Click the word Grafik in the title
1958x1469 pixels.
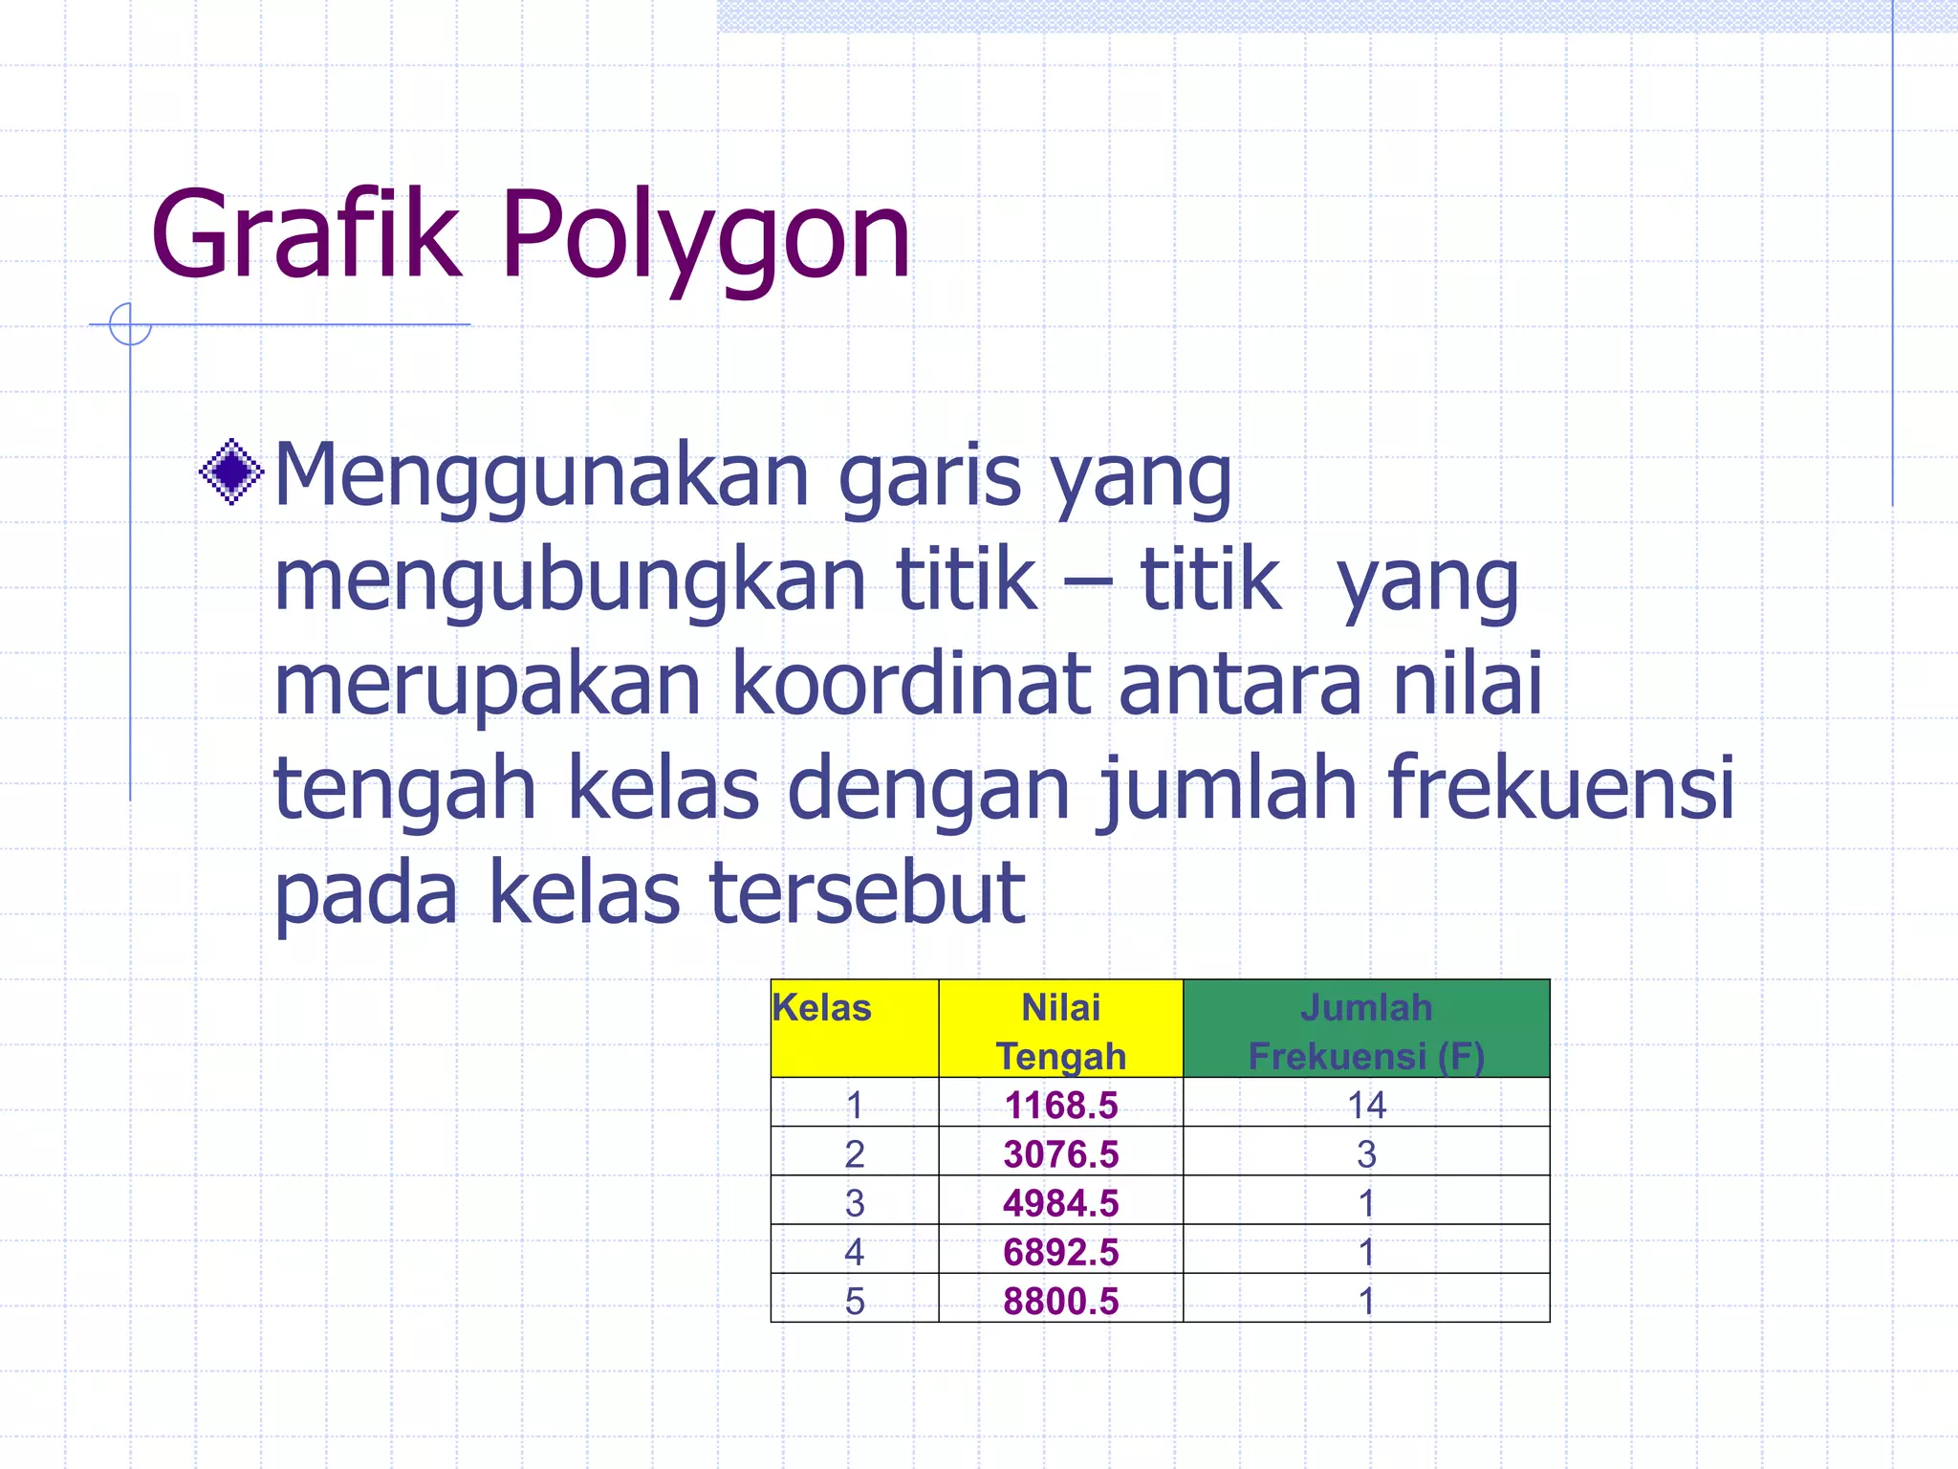point(305,234)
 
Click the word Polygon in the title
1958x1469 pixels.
point(706,234)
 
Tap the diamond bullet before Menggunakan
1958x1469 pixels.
point(231,471)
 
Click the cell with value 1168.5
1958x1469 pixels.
point(1060,1106)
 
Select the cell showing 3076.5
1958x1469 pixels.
point(1060,1154)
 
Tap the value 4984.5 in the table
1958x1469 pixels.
point(1060,1203)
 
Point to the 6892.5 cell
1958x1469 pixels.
point(1060,1252)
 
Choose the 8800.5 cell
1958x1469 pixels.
point(1060,1301)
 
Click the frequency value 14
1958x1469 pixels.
point(1365,1106)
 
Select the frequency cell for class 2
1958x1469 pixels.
point(1365,1154)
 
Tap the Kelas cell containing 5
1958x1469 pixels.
point(854,1301)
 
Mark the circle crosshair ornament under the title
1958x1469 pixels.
point(130,324)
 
